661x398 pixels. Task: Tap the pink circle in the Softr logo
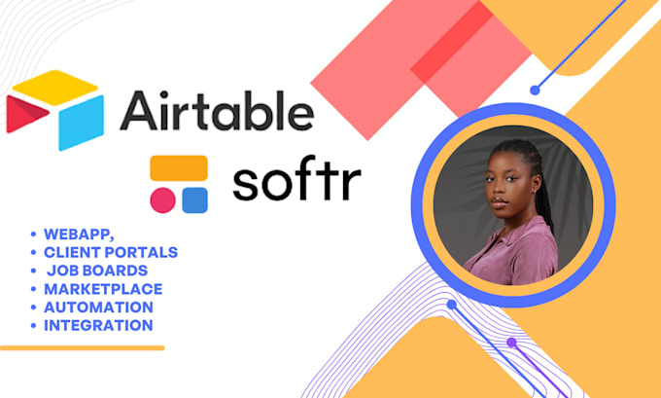[x=162, y=199]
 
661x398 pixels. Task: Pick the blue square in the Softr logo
[x=193, y=199]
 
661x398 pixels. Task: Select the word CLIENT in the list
[x=71, y=252]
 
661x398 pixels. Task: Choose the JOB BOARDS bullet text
[x=97, y=271]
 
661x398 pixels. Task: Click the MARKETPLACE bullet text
[x=103, y=289]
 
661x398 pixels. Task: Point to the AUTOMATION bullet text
[x=98, y=308]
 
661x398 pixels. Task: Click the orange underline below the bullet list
[x=82, y=347]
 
